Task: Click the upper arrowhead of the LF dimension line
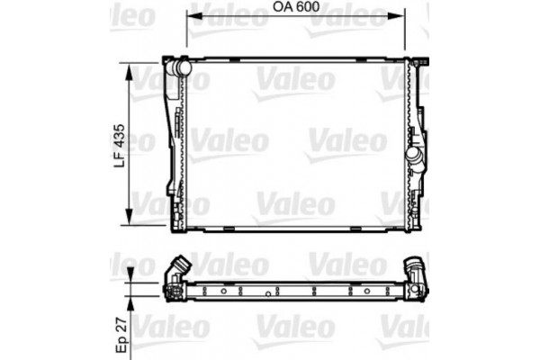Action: (134, 69)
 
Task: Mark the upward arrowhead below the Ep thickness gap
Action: (134, 301)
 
